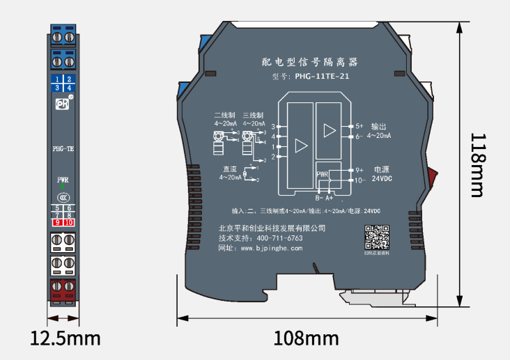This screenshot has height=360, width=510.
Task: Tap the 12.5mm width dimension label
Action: (x=65, y=339)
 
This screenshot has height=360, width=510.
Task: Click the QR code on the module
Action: (x=377, y=237)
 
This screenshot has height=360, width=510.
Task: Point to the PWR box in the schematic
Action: (x=322, y=174)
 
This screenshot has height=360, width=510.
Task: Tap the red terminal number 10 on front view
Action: (x=69, y=222)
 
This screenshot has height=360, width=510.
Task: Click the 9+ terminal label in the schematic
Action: (x=360, y=170)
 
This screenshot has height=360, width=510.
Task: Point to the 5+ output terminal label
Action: (x=360, y=126)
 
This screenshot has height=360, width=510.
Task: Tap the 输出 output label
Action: (x=379, y=126)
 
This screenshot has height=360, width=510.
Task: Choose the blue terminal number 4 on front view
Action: (x=69, y=88)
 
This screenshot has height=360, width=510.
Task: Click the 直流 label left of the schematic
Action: (x=230, y=169)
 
